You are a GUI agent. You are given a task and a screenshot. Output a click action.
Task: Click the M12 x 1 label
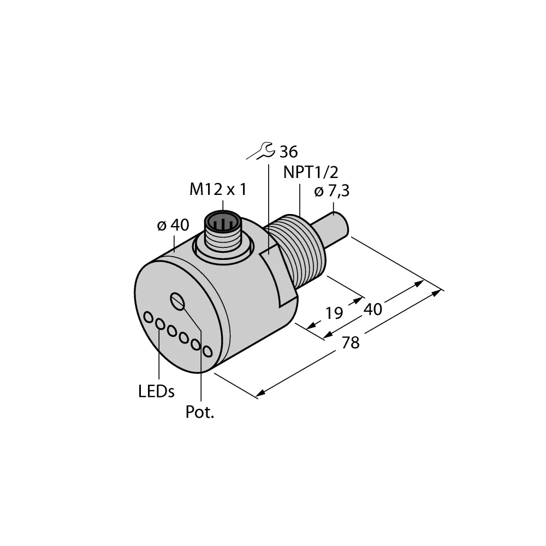click(218, 189)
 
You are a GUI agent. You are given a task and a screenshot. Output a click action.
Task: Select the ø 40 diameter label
click(173, 225)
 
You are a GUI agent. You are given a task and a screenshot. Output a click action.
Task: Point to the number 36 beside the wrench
click(288, 152)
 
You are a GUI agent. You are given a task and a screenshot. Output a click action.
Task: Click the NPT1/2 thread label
click(311, 173)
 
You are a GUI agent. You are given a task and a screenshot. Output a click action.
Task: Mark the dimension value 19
click(334, 313)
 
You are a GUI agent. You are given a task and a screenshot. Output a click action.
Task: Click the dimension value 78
click(351, 343)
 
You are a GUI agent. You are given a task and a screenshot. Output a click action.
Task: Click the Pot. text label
click(200, 412)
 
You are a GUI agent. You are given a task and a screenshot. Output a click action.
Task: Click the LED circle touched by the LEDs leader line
click(159, 324)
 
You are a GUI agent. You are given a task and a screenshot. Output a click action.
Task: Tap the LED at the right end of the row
click(207, 351)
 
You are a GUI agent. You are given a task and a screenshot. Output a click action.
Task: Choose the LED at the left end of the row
click(148, 317)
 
